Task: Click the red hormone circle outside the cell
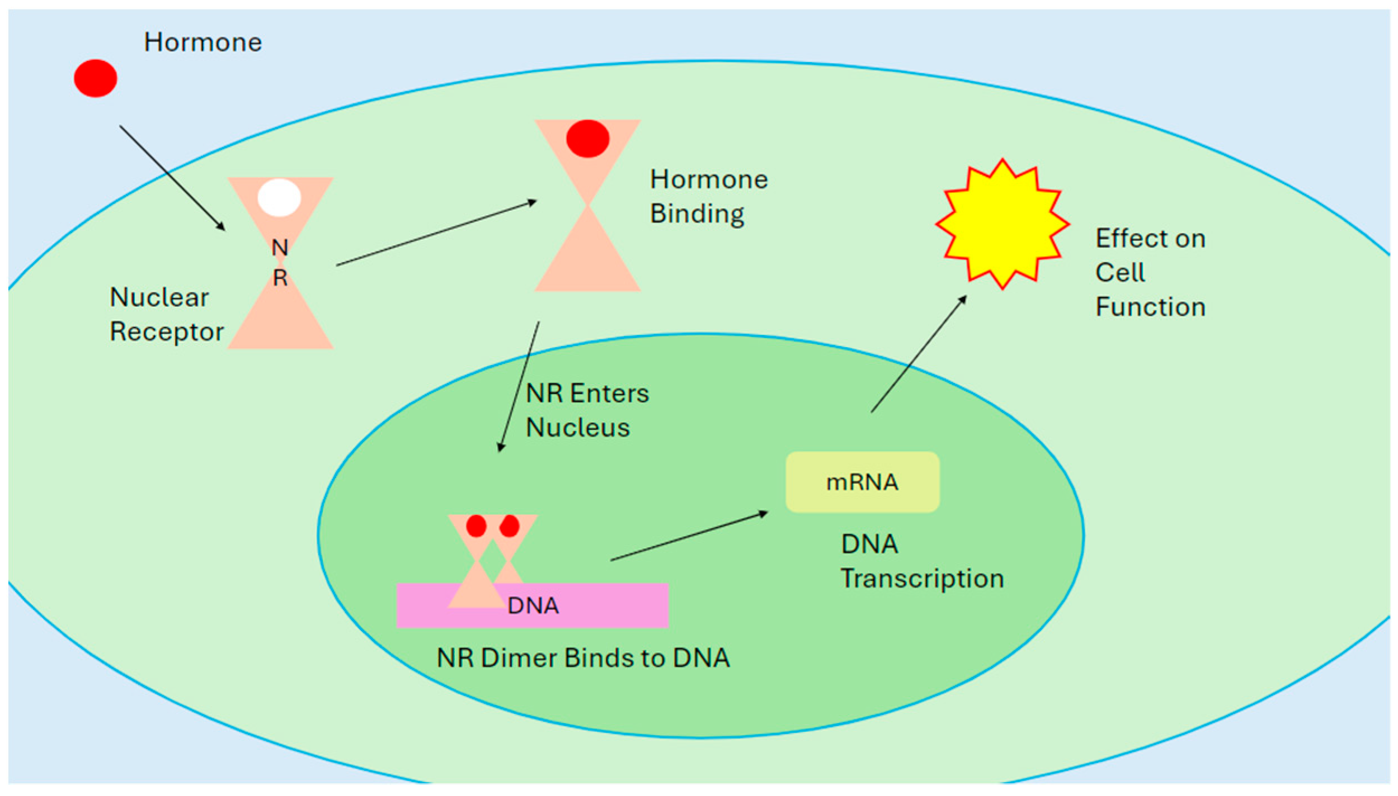coord(96,78)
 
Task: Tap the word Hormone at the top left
coord(203,42)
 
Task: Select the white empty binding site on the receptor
coord(279,198)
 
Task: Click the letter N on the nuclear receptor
coord(280,248)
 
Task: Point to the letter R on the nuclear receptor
coord(280,278)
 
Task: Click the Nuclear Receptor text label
coord(166,315)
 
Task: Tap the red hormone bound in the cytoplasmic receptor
coord(587,139)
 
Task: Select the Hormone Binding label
coord(708,197)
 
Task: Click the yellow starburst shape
coord(1002,224)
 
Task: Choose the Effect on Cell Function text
coord(1150,273)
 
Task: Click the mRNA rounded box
coord(862,482)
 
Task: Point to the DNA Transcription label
coord(921,561)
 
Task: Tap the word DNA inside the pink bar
coord(533,606)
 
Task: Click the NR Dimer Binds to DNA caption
coord(583,658)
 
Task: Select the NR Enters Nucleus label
coord(586,410)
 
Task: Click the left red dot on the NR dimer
coord(476,526)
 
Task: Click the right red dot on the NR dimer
coord(510,526)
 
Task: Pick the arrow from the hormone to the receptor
coord(172,178)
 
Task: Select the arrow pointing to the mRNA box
coord(689,536)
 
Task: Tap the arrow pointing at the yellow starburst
coord(919,354)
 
